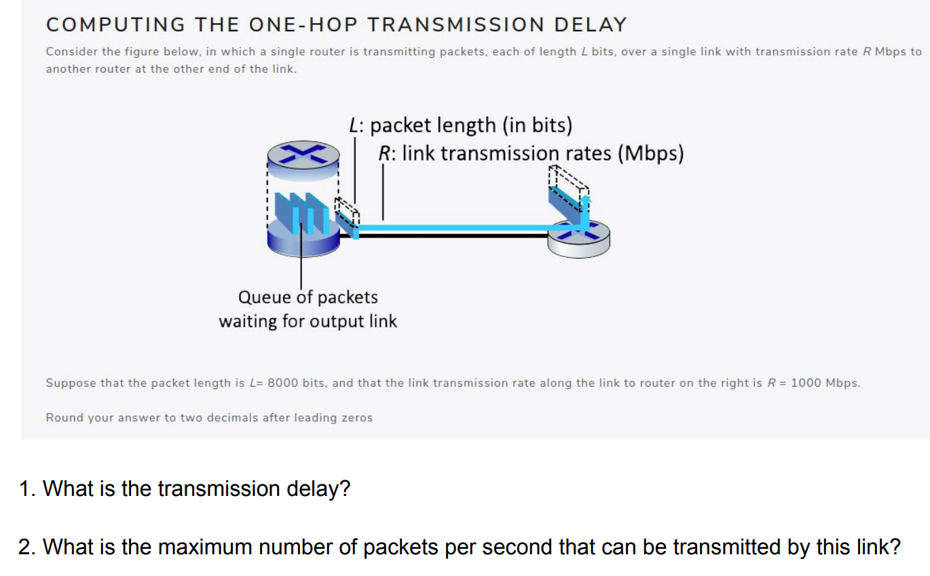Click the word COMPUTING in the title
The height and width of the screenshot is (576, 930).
115,24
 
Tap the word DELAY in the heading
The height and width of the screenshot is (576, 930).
590,24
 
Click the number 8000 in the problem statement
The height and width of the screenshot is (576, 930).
282,383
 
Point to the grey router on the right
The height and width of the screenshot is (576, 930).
579,239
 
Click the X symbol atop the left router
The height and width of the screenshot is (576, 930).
303,153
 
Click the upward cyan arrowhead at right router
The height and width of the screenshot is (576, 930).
585,199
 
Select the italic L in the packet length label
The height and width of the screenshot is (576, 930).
354,125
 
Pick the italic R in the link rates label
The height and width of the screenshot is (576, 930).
384,153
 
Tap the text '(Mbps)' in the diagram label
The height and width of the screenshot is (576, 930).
650,153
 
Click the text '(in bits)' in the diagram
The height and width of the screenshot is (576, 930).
538,126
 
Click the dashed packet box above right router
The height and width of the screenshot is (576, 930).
568,187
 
